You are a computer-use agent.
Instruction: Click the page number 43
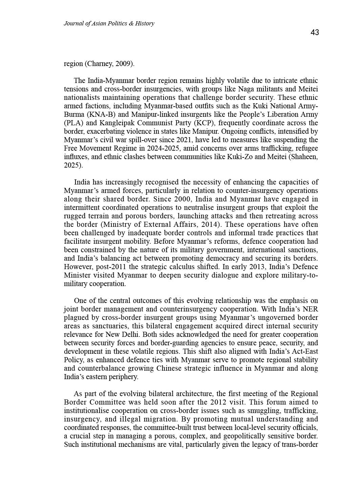[315, 32]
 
